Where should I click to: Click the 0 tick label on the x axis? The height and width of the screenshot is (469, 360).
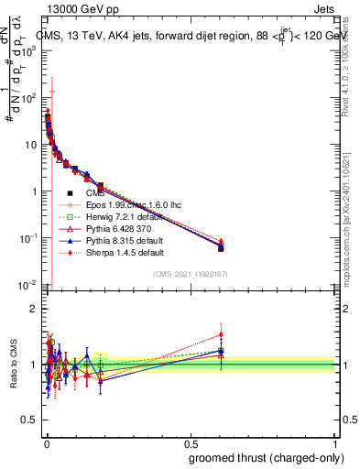click(x=47, y=442)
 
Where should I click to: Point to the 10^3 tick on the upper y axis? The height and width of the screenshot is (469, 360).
click(x=29, y=50)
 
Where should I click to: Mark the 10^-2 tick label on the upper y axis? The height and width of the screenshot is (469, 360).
click(x=28, y=285)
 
